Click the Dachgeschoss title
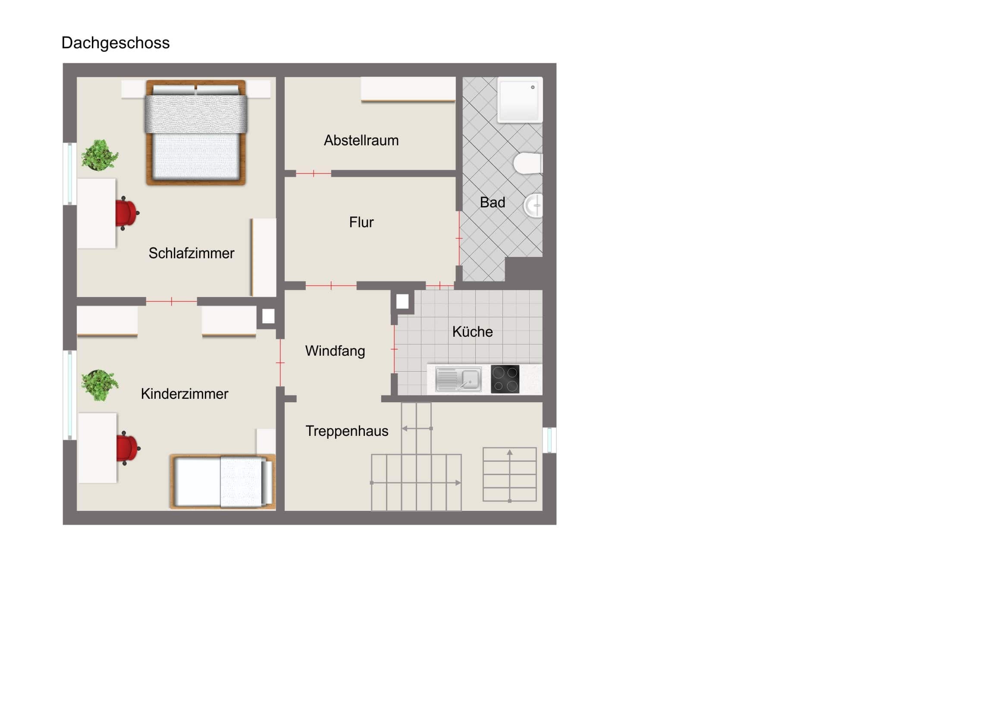click(x=115, y=43)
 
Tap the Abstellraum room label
click(x=361, y=141)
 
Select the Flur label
click(x=361, y=222)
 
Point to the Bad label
click(x=492, y=202)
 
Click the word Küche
click(x=472, y=331)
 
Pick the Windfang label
click(x=335, y=351)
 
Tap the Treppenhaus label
click(x=346, y=431)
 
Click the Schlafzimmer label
click(x=191, y=253)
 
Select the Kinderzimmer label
click(x=185, y=394)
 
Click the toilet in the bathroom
click(x=528, y=163)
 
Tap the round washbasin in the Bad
click(x=534, y=206)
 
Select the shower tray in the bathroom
click(x=520, y=100)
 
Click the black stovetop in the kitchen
click(x=505, y=379)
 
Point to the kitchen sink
click(x=458, y=379)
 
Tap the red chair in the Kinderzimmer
click(x=128, y=448)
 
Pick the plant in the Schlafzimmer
click(x=100, y=155)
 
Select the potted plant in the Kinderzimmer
click(x=100, y=385)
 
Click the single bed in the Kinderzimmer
click(x=223, y=481)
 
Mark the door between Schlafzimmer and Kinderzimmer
click(x=172, y=301)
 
